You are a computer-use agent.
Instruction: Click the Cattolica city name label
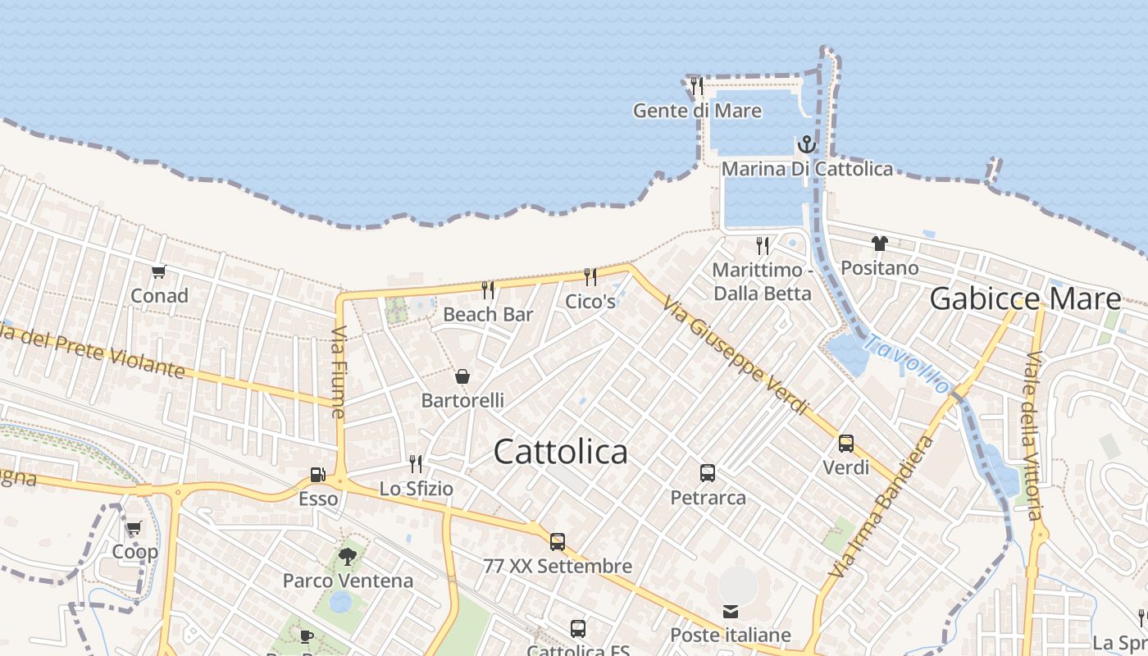(x=561, y=452)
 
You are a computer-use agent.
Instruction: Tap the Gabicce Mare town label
(x=1025, y=299)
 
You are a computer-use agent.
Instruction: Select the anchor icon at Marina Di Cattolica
(x=807, y=145)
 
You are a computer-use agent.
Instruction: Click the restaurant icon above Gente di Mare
(x=696, y=86)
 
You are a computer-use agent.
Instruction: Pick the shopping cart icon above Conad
(x=158, y=271)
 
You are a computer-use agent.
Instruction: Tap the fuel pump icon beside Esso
(x=317, y=475)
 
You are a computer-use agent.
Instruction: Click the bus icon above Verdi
(x=845, y=444)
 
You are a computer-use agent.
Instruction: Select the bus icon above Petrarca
(x=708, y=473)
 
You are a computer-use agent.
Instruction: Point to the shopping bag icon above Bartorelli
(x=462, y=376)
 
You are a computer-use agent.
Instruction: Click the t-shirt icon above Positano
(x=880, y=244)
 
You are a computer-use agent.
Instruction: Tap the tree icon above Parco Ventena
(x=348, y=557)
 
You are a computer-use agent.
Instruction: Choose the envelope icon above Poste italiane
(x=730, y=612)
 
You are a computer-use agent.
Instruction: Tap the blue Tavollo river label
(x=909, y=364)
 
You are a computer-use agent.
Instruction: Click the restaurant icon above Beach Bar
(x=488, y=289)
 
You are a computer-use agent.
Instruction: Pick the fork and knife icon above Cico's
(x=590, y=276)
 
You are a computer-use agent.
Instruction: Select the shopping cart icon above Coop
(x=134, y=528)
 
